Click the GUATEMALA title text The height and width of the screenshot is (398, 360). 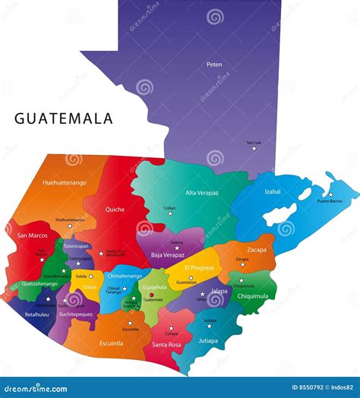point(64,118)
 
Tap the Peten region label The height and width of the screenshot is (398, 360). point(214,65)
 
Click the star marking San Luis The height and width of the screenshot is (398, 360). point(254,148)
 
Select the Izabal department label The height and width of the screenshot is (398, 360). point(273,191)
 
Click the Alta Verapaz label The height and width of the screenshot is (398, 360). point(202,193)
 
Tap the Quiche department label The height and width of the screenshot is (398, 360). point(115,210)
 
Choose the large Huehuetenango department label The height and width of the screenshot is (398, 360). point(65,183)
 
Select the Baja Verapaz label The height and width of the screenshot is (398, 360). point(168,254)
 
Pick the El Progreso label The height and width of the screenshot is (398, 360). point(199,267)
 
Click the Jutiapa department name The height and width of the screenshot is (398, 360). point(208,340)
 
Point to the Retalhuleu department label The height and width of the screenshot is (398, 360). point(36,314)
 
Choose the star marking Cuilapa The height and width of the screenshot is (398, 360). point(171,327)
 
